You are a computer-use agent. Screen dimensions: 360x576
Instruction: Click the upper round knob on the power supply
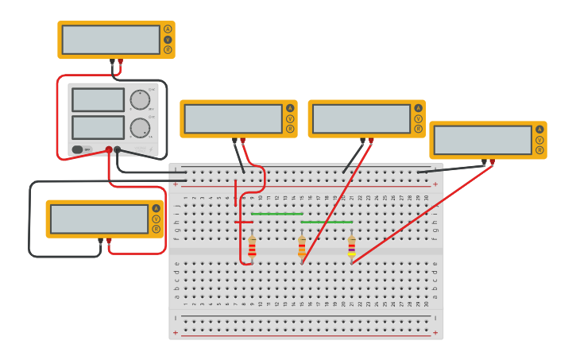click(140, 99)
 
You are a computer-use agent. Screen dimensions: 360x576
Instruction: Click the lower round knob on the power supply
click(140, 128)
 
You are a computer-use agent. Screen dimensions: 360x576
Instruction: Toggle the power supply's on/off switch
click(78, 149)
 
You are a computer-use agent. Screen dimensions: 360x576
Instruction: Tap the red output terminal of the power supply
click(109, 149)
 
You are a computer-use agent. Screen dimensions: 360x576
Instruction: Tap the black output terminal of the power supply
click(118, 149)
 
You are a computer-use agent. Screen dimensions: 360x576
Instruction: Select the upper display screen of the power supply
click(98, 99)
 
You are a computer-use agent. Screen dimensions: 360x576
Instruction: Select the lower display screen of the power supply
click(98, 127)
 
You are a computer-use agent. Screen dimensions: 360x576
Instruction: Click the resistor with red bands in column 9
click(252, 247)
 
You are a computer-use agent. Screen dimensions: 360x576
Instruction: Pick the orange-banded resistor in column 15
click(302, 247)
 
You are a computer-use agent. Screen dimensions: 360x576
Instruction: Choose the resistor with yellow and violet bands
click(351, 247)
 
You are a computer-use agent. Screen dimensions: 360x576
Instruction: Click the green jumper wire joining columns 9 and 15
click(276, 214)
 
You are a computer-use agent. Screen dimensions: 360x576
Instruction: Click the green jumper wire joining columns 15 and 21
click(327, 222)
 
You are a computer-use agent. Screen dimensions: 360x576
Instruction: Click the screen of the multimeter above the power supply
click(110, 40)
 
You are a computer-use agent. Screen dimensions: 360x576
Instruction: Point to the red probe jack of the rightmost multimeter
click(492, 161)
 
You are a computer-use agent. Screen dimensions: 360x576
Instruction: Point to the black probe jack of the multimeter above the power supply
click(112, 60)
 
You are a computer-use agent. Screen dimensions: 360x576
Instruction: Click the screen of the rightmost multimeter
click(482, 140)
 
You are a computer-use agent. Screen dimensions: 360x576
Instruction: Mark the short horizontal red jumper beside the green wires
click(244, 222)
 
